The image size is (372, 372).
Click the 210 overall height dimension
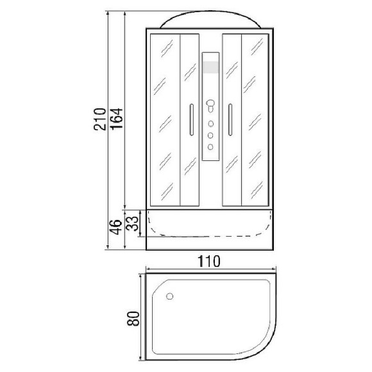tap(99, 119)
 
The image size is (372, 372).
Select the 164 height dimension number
tap(117, 119)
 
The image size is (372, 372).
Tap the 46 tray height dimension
tap(117, 227)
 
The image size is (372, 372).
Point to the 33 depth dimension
tap(132, 223)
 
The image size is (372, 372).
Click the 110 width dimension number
tap(209, 261)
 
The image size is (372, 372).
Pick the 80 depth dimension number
tap(133, 319)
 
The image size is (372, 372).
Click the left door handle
tap(192, 120)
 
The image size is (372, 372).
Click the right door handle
tap(230, 120)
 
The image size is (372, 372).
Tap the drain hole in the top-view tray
tap(169, 296)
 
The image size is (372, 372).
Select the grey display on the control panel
tap(210, 67)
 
